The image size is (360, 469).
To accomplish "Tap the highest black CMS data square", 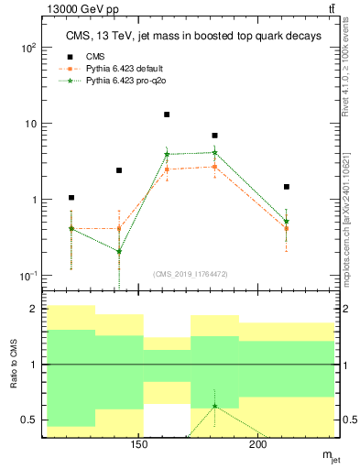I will (x=167, y=115).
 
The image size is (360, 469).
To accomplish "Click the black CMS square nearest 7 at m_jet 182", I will (x=214, y=136).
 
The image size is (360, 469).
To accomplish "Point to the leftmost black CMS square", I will (x=71, y=198).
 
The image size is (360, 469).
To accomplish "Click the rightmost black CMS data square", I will (x=287, y=187).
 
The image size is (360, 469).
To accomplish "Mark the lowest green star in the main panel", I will (x=119, y=252).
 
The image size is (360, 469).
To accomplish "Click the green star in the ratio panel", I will (x=214, y=406).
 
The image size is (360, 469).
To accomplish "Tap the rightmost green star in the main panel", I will (x=287, y=222).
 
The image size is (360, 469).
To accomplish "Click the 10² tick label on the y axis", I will (x=28, y=48).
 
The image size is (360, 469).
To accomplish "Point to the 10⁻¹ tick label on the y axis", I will (x=28, y=276).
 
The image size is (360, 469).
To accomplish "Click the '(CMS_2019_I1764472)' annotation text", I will (x=191, y=273).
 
